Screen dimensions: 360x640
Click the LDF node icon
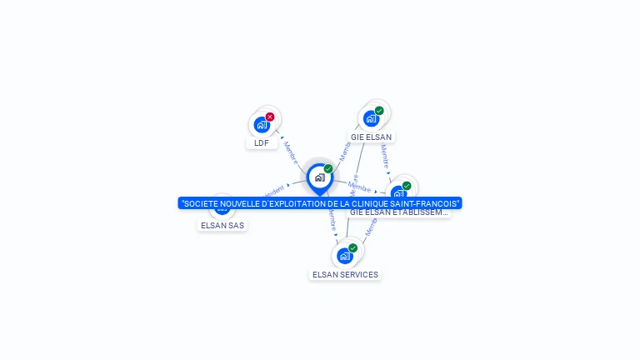262,125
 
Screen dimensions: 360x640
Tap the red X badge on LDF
270,117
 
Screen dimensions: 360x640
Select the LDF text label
262,142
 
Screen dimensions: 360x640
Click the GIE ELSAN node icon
371,118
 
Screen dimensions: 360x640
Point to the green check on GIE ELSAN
379,111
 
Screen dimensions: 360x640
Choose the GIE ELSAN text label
371,137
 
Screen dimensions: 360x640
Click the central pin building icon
319,177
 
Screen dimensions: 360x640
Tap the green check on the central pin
328,168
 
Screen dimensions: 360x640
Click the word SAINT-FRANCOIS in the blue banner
425,203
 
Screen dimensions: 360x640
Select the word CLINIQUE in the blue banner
371,203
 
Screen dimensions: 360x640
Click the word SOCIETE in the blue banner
200,203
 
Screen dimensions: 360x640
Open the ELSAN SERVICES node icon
344,256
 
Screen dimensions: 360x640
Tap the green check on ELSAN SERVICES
353,247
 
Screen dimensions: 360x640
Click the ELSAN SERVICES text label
345,274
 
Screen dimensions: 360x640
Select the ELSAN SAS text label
222,225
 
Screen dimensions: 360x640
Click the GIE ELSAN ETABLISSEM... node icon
398,193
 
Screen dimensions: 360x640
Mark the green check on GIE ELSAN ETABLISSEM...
407,186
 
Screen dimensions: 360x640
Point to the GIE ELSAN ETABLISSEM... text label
398,212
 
